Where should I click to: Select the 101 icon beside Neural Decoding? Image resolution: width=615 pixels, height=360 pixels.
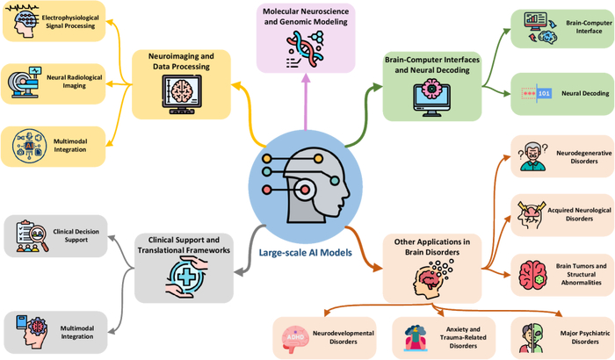click(x=537, y=91)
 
